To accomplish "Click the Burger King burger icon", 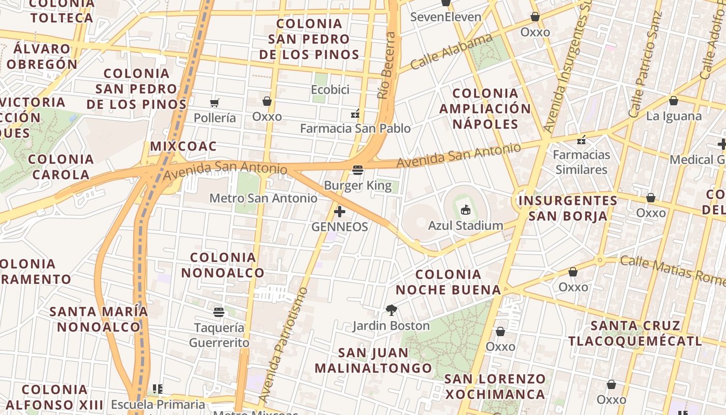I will tap(357, 170).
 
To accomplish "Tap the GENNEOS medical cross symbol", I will tap(340, 212).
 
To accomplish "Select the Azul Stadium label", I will tap(465, 226).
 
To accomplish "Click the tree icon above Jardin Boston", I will tap(392, 310).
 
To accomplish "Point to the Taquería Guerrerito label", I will tap(219, 335).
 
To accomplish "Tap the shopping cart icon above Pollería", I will tap(215, 103).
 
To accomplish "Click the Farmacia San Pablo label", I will tap(355, 128).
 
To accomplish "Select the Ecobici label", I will tap(330, 90).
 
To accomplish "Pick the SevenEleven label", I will tap(445, 17).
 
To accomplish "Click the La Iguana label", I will tap(674, 116).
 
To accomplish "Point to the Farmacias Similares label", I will tap(581, 162).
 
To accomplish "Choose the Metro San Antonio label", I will tap(263, 198).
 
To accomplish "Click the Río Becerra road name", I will tap(386, 65).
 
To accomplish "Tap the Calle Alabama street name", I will tap(451, 51).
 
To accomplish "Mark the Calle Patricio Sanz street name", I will tap(645, 65).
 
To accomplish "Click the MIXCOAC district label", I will tap(183, 146).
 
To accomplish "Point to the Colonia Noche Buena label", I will tap(449, 282).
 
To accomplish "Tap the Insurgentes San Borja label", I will tap(568, 208).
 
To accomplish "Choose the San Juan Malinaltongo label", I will tap(373, 361).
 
